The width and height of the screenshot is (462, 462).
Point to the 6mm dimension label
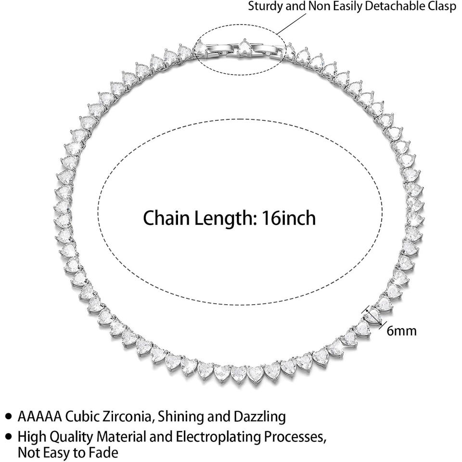[x=401, y=331]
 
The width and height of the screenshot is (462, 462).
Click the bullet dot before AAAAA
[x=9, y=415]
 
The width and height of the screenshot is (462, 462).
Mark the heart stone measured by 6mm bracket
[x=373, y=316]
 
